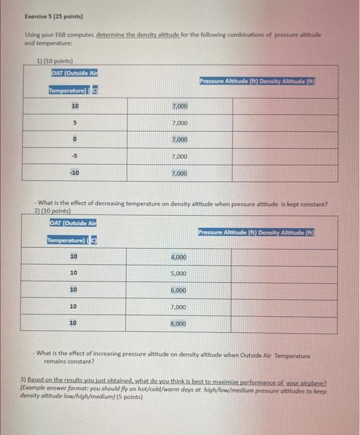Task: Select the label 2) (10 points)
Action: click(57, 211)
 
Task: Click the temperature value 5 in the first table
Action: click(74, 124)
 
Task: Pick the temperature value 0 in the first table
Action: click(74, 140)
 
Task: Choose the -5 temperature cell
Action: click(74, 157)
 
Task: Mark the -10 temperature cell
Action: click(74, 173)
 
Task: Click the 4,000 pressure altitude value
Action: click(178, 257)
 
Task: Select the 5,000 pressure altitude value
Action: click(178, 273)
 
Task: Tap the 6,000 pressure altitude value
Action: click(178, 290)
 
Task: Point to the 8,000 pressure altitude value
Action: click(178, 324)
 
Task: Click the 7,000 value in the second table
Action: click(178, 307)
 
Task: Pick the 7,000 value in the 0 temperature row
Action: click(180, 140)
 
